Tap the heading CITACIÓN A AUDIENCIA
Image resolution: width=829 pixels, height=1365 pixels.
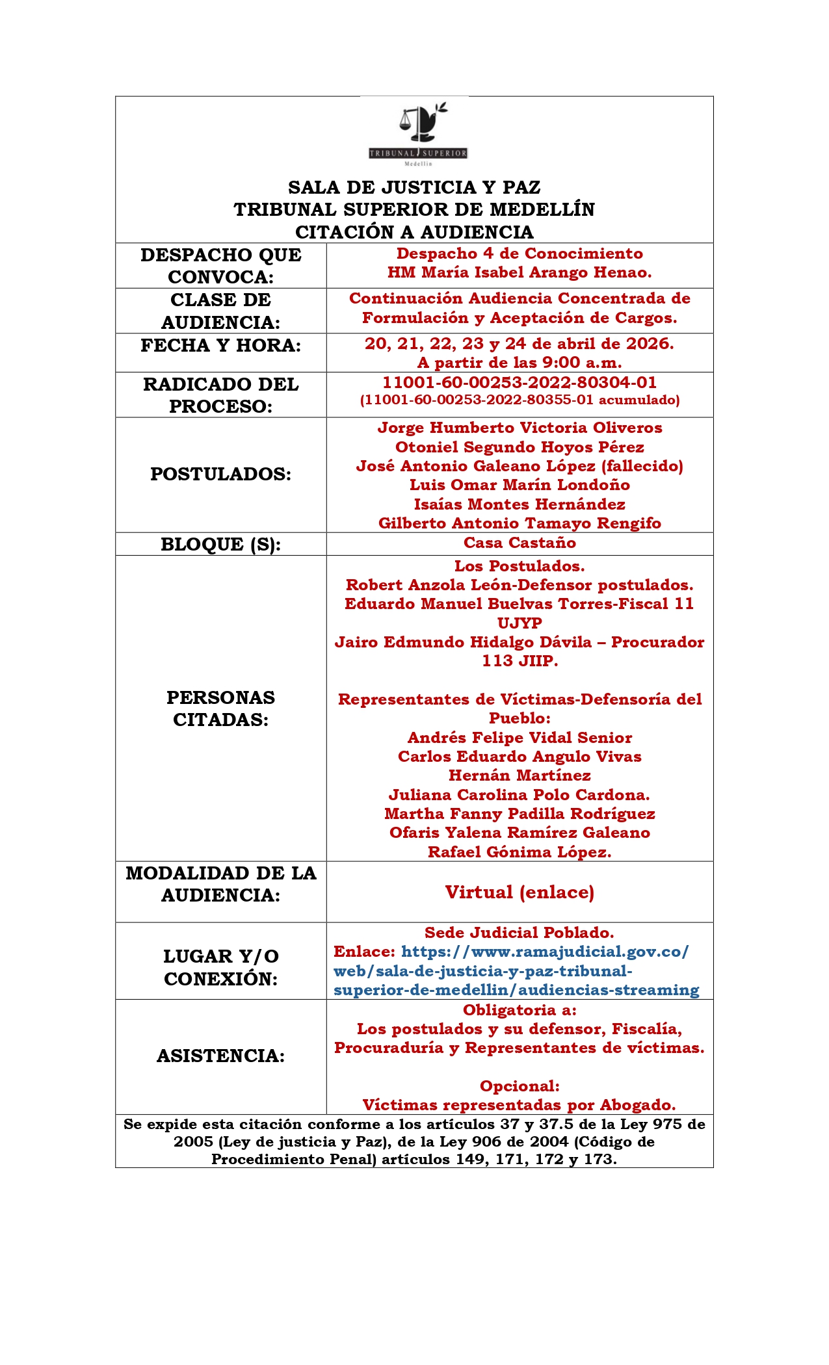click(x=414, y=232)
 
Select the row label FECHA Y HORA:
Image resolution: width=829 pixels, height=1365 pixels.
click(x=220, y=345)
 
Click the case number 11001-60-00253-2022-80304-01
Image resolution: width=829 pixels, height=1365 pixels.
click(x=520, y=382)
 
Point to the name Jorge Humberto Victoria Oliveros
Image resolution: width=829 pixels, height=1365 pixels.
click(x=520, y=428)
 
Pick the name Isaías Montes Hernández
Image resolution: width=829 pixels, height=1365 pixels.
click(x=520, y=504)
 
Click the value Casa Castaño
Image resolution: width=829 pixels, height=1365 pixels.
click(x=520, y=543)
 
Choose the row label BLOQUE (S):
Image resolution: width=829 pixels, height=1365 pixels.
click(x=220, y=544)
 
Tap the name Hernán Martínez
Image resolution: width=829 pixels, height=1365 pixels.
click(x=520, y=775)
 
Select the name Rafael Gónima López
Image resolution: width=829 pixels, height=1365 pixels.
click(x=520, y=852)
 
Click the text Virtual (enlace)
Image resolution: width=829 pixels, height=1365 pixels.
click(x=520, y=892)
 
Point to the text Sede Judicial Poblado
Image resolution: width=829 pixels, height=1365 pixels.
click(x=520, y=933)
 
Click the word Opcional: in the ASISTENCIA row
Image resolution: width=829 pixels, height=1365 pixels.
click(x=520, y=1086)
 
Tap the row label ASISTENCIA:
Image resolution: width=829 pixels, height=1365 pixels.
click(x=220, y=1056)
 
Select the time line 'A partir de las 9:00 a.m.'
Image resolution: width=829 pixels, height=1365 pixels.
click(x=520, y=363)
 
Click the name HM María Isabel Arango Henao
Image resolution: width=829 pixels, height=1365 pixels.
click(x=520, y=272)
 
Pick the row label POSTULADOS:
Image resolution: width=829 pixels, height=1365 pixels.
click(x=220, y=474)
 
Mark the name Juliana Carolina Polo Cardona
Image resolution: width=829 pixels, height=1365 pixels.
click(x=520, y=795)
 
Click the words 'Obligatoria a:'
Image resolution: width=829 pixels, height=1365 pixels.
click(x=520, y=1010)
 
